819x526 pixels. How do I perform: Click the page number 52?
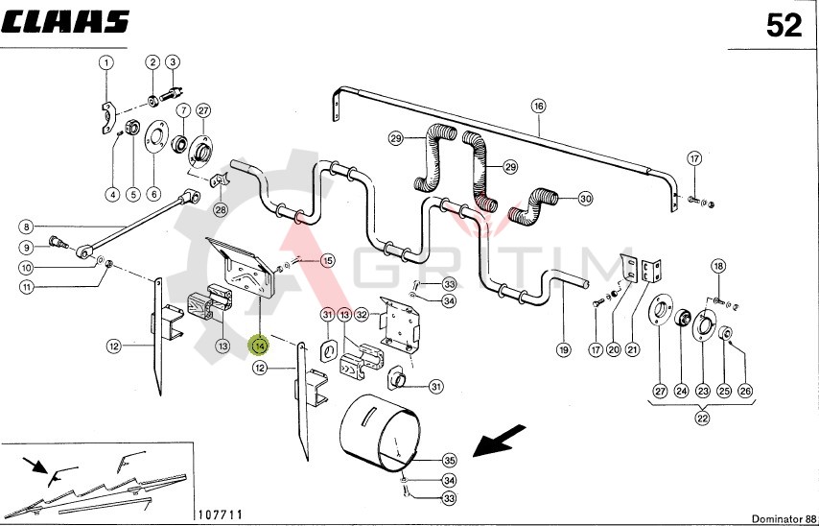point(784,26)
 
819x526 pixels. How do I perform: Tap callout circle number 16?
point(538,107)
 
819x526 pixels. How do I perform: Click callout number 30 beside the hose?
point(585,199)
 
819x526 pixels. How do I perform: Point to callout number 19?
point(563,348)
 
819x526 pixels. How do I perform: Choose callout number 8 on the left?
point(27,227)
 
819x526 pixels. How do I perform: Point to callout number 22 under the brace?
point(702,419)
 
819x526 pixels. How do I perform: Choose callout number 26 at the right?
point(745,391)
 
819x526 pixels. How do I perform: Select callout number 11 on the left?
point(27,286)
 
